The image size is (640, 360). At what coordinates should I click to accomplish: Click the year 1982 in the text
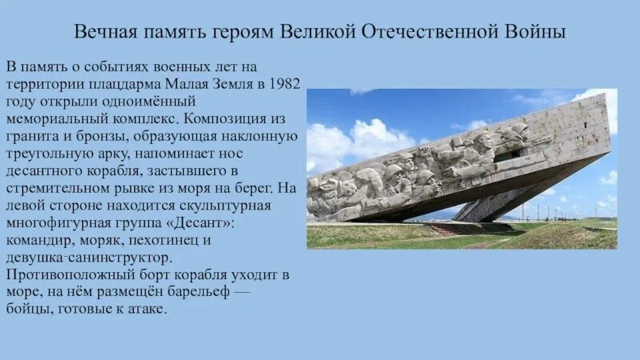click(x=285, y=82)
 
